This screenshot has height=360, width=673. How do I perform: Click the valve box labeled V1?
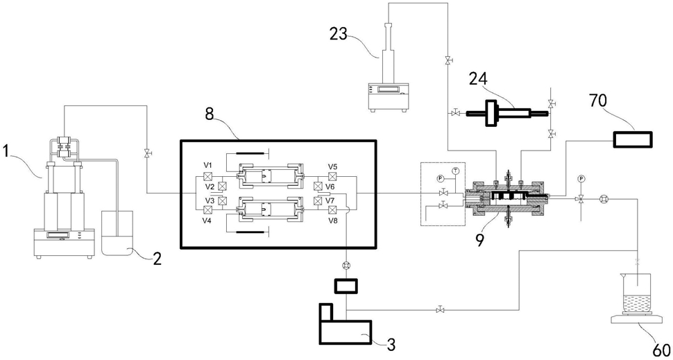coord(207,176)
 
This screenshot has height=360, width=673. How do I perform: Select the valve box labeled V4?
coord(207,209)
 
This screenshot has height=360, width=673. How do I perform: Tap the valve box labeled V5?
coord(332,176)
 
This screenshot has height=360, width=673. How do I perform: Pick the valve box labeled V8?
coord(332,209)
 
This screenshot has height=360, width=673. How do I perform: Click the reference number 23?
coord(339,33)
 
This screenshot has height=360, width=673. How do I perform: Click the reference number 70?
coord(623,103)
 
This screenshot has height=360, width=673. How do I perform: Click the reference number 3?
coord(391,343)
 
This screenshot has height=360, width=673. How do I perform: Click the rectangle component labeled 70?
coord(632,139)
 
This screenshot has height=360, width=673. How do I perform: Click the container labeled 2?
coord(117,234)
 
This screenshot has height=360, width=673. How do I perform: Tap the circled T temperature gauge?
coord(454,171)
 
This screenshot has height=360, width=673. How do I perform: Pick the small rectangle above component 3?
coord(346,286)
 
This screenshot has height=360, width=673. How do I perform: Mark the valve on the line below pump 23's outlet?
coord(448,60)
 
